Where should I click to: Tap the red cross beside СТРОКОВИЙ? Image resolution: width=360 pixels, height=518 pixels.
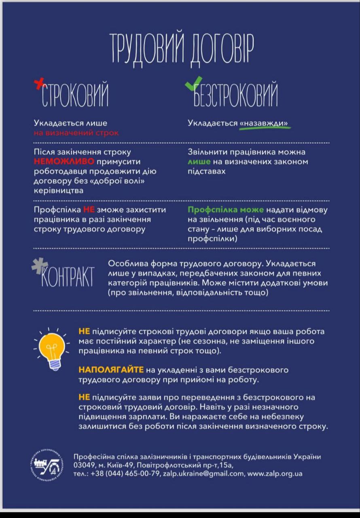39,84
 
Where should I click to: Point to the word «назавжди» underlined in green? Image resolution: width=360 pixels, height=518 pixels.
265,123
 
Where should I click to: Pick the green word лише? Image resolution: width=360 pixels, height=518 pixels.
199,162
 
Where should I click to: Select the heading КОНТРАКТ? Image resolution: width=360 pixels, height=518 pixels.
68,277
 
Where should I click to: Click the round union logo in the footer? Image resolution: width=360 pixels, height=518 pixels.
48,464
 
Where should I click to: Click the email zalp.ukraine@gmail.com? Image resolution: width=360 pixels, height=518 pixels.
203,473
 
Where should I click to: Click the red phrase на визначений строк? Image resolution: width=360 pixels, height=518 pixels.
76,133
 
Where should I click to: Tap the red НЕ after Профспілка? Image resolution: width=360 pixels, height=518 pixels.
89,210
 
